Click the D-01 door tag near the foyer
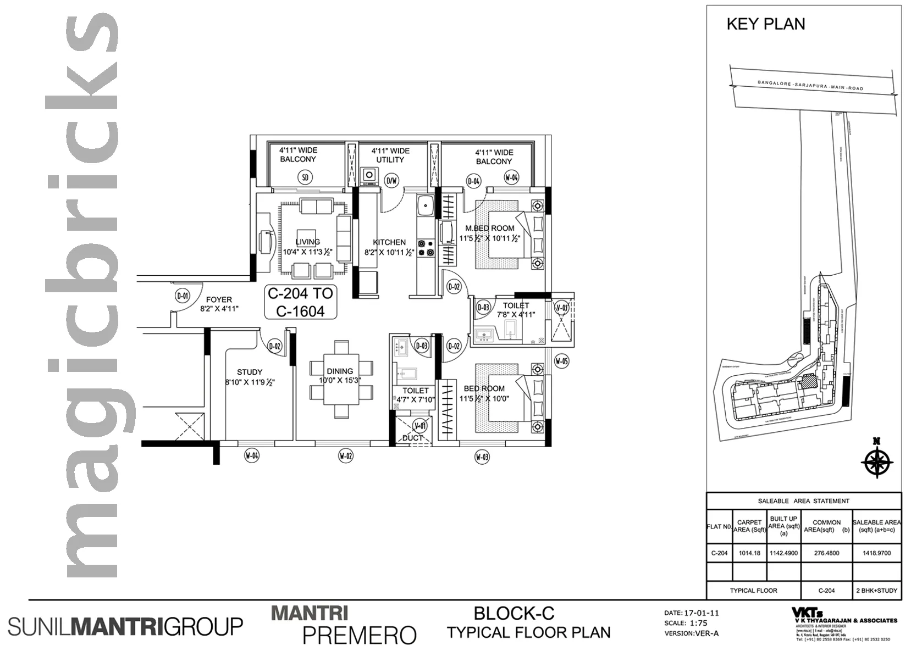(x=182, y=296)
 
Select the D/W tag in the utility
(x=391, y=180)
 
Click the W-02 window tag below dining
(x=345, y=455)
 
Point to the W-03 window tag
(x=482, y=457)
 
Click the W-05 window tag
(x=561, y=361)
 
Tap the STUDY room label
(x=250, y=372)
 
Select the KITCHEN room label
(x=389, y=242)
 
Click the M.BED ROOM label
(x=489, y=228)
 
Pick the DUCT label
(x=412, y=438)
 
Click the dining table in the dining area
(x=341, y=380)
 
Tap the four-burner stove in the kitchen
(x=425, y=248)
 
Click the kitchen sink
(x=425, y=207)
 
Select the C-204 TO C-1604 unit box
(x=300, y=302)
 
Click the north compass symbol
(x=877, y=461)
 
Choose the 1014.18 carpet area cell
(x=749, y=553)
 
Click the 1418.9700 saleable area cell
(x=876, y=553)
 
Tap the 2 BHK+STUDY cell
(x=876, y=591)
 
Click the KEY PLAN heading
(x=765, y=24)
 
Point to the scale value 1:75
(x=699, y=623)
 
